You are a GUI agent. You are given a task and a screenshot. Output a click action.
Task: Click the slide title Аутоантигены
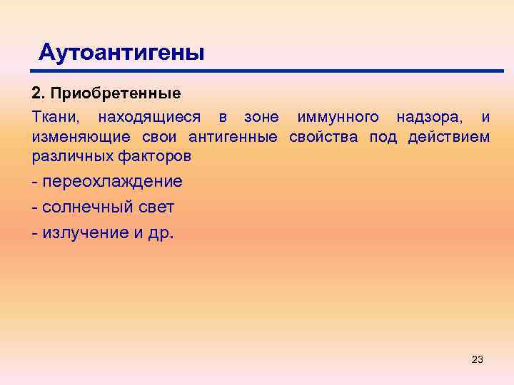tap(121, 51)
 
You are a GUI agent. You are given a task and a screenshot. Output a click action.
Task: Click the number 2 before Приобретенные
tap(37, 93)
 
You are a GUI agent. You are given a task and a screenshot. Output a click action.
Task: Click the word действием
tap(449, 136)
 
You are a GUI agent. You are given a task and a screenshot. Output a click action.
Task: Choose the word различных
tap(70, 155)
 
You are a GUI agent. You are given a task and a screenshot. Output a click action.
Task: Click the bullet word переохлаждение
tap(112, 182)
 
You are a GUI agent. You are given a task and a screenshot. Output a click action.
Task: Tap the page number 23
tap(478, 359)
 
